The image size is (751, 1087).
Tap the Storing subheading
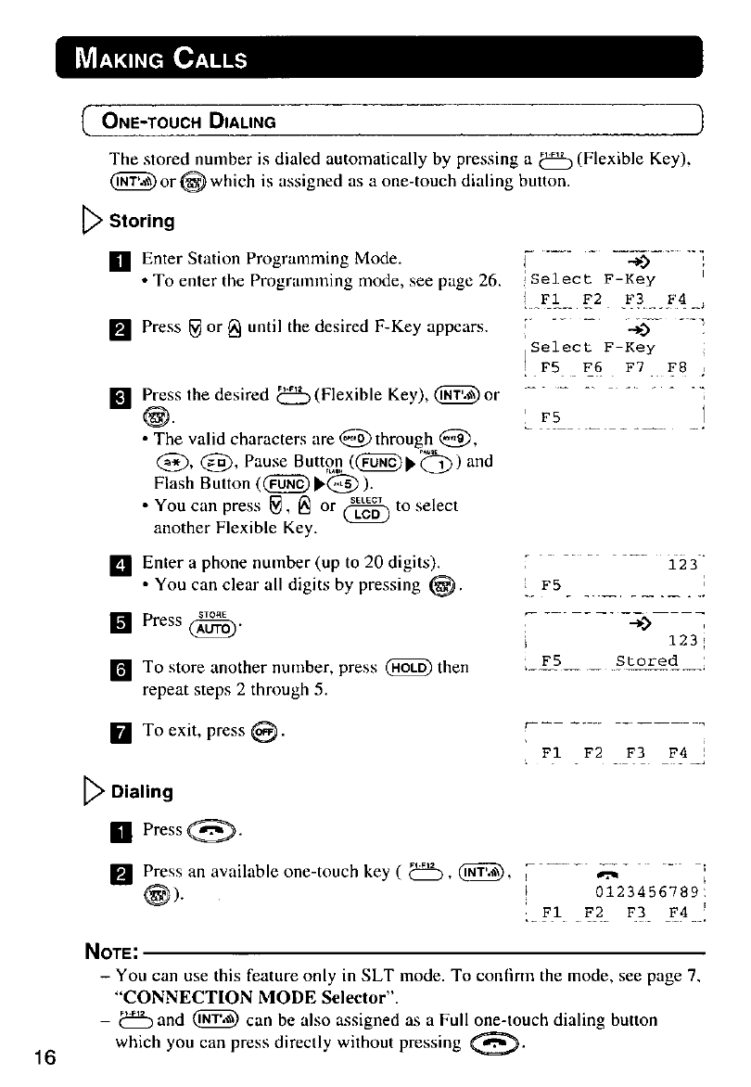coord(142,221)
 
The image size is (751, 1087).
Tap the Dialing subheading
coord(142,791)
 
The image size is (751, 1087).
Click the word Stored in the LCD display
coord(646,661)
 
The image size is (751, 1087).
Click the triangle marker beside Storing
coord(98,222)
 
